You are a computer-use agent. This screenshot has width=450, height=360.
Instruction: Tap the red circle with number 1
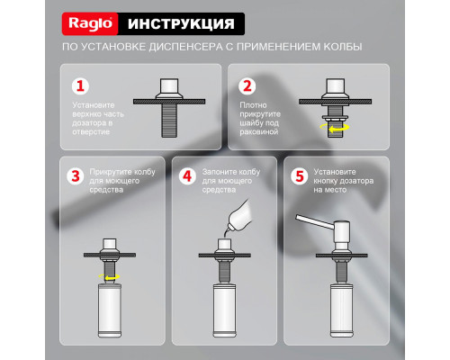point(80,87)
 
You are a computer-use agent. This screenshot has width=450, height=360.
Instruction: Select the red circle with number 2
point(246,87)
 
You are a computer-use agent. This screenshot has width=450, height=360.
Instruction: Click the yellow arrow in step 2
point(338,129)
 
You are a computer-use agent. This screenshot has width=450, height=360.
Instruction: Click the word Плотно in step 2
point(254,105)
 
